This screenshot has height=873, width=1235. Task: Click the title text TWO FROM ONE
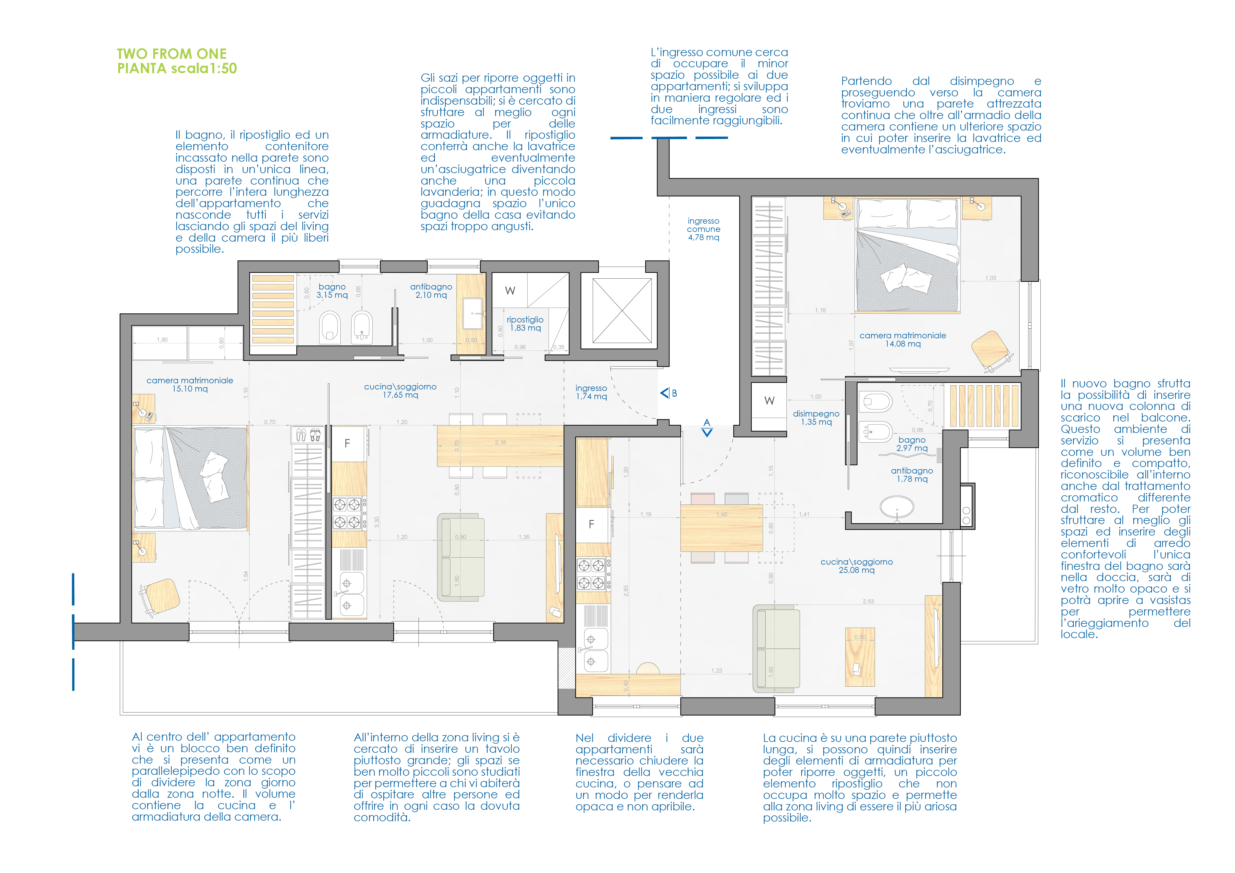pyautogui.click(x=172, y=54)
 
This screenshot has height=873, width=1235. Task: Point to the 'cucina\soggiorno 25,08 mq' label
pyautogui.click(x=856, y=566)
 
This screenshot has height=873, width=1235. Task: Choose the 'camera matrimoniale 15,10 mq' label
pyautogui.click(x=190, y=384)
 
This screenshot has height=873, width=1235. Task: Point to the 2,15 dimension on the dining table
pyautogui.click(x=500, y=443)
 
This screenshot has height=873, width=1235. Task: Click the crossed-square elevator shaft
pyautogui.click(x=622, y=310)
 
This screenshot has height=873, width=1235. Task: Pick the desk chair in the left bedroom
pyautogui.click(x=160, y=596)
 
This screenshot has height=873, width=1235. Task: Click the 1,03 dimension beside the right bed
pyautogui.click(x=990, y=278)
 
